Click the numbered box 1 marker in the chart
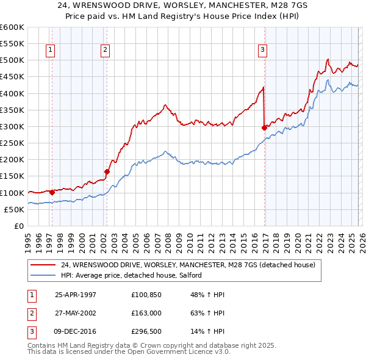(x=49, y=51)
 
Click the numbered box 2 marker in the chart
(x=105, y=51)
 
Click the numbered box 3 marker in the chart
(x=262, y=51)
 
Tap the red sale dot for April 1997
(x=52, y=193)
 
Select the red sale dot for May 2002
(x=107, y=172)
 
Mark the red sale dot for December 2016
(x=264, y=128)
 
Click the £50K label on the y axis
(x=15, y=209)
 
